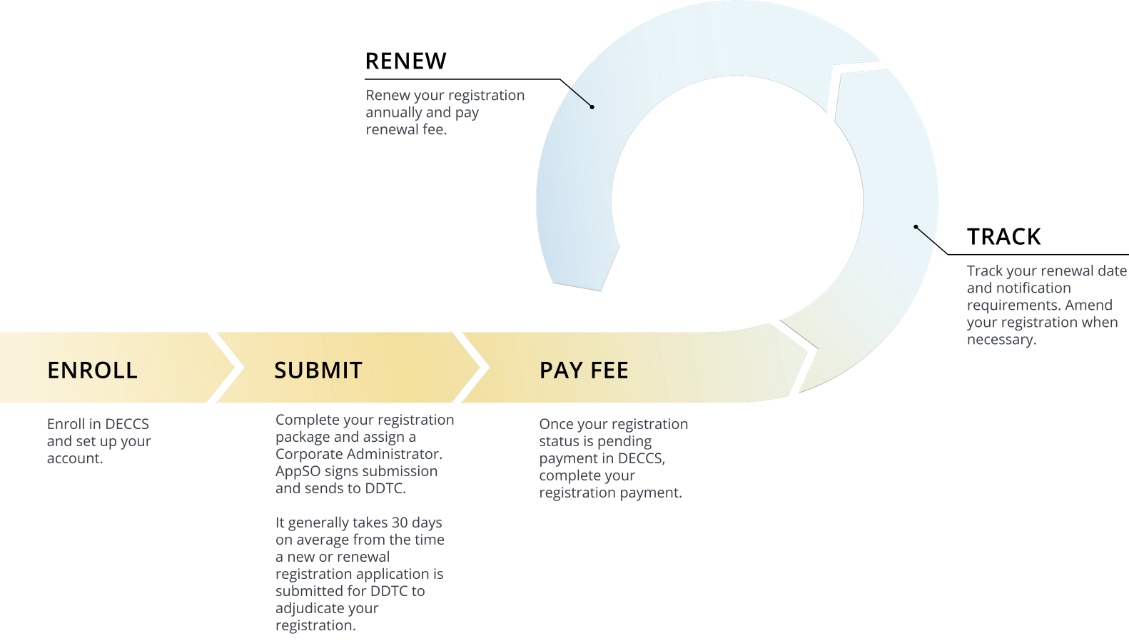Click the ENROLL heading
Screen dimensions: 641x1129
point(92,370)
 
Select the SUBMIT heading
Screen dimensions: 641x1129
point(318,370)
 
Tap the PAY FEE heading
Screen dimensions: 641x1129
point(584,370)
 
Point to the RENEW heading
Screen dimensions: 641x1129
point(405,61)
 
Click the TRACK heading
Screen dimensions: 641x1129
point(1003,237)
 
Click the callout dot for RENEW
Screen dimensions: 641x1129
point(592,107)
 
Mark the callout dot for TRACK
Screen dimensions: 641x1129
point(916,227)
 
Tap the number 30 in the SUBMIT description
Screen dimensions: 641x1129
point(400,523)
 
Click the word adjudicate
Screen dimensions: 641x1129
point(327,608)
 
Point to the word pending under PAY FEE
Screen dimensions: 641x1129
point(624,441)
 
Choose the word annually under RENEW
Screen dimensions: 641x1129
point(393,113)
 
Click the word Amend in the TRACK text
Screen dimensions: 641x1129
point(1088,306)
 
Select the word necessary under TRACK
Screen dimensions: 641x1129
point(999,340)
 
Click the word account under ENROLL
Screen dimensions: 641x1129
point(73,458)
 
